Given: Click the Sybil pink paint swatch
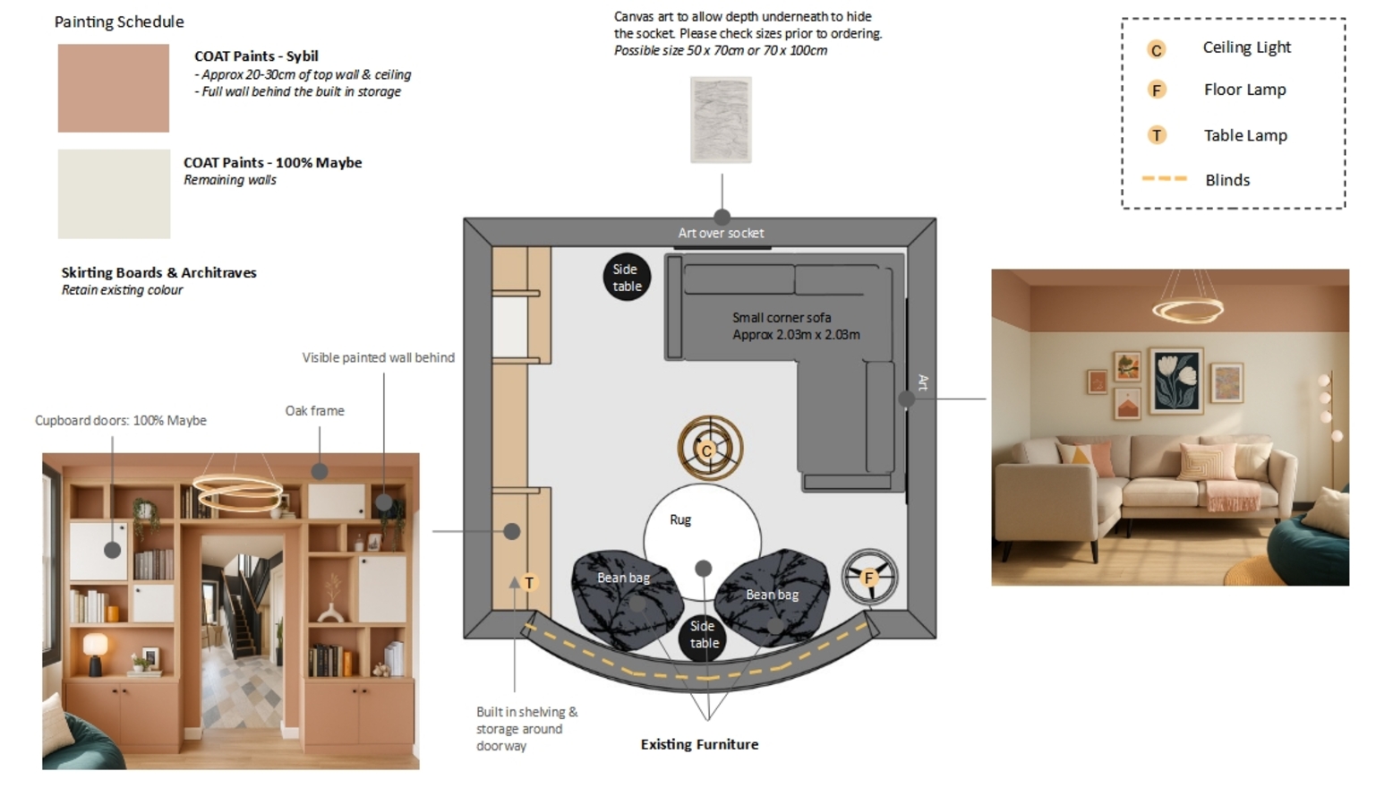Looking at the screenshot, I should pos(113,88).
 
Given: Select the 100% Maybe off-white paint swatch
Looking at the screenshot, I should pos(114,193).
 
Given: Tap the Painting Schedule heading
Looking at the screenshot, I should pos(119,21).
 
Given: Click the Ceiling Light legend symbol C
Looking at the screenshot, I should pos(1157,49).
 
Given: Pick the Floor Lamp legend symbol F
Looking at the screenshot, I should pos(1157,90).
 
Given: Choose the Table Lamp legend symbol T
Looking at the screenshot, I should pos(1157,135).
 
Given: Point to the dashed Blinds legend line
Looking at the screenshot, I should pos(1164,179).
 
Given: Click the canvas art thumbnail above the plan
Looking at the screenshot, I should pos(721,120).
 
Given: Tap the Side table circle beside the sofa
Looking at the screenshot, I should pos(627,278).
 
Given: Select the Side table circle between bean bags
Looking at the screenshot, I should pos(704,635).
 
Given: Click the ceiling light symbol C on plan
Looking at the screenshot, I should pos(708,450).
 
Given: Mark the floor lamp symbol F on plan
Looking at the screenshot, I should pos(869,578).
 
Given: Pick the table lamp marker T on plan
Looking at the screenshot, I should pos(529,583).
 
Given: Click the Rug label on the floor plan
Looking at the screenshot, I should pos(680,519).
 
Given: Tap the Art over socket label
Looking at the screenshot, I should pos(721,233).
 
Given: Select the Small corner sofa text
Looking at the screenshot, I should pos(782,318).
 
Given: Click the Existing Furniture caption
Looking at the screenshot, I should pos(699,744).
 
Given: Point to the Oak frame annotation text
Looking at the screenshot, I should pos(314,411).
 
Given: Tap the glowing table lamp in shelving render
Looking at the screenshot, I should pos(95,645).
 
